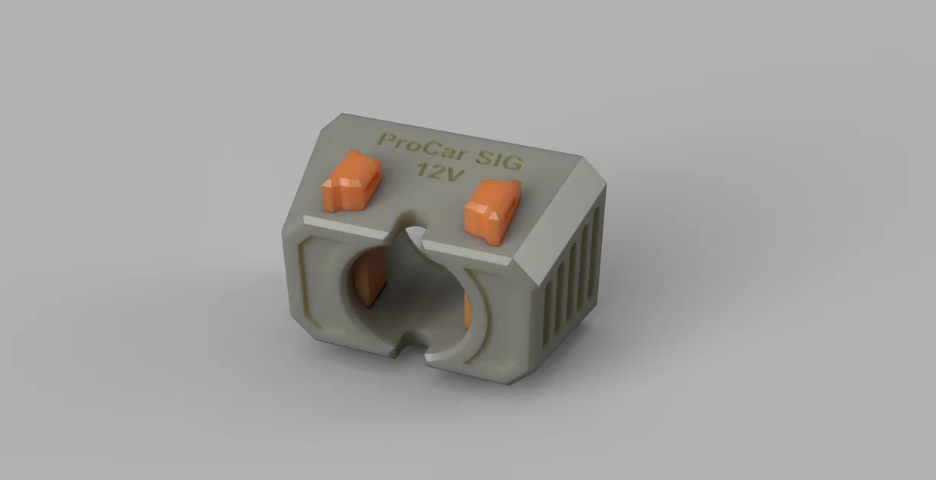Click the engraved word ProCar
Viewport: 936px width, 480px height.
(422, 147)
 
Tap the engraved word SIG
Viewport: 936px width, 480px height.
(500, 159)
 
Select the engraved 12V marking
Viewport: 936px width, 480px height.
(438, 171)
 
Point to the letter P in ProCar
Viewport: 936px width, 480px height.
(385, 139)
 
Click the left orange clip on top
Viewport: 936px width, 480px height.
(351, 182)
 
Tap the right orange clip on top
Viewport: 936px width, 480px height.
(492, 212)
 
